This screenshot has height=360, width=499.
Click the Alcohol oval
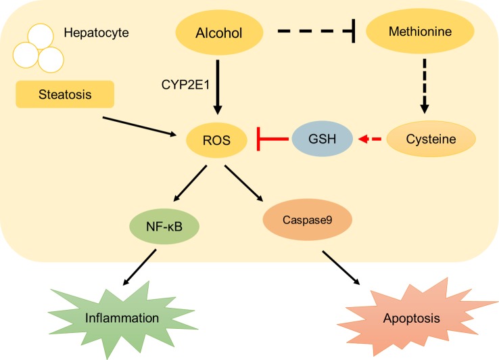click(218, 31)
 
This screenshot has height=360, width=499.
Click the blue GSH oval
click(323, 140)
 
